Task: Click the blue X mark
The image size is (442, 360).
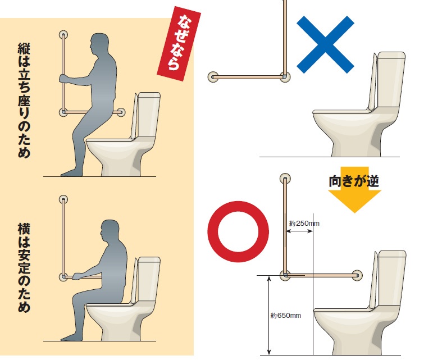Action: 325,44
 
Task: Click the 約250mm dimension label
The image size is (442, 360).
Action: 304,224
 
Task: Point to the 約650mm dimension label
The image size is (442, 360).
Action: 285,316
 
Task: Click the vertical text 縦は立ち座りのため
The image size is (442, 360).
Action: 24,100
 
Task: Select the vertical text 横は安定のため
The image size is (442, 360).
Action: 24,267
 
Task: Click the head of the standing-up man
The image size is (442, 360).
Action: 99,45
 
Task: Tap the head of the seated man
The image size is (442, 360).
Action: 110,231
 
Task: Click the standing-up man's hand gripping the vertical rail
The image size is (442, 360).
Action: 64,79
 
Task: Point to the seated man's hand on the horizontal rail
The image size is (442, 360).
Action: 77,276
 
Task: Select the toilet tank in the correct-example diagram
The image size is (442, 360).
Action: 391,277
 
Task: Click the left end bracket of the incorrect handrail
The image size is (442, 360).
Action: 213,77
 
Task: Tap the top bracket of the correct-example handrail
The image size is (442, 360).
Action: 285,179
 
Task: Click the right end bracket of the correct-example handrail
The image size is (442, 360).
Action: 357,275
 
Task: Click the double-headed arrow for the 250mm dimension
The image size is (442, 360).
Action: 299,231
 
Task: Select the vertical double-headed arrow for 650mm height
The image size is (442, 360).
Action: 269,315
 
